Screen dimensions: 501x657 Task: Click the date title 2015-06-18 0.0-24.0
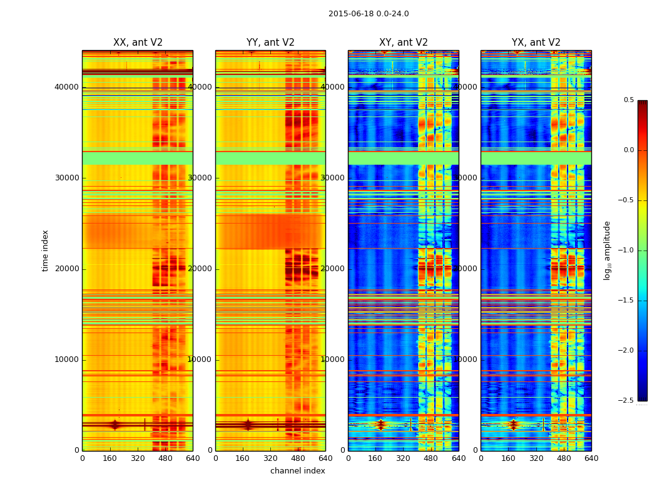(x=369, y=14)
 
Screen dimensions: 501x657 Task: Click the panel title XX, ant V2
(x=138, y=43)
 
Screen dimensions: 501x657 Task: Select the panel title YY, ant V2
(x=270, y=43)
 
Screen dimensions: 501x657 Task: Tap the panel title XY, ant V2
(x=404, y=43)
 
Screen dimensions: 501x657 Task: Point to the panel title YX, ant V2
(x=536, y=43)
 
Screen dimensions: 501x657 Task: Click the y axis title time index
(x=45, y=250)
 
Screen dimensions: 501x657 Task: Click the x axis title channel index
(x=298, y=471)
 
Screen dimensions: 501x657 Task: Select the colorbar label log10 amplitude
(x=607, y=250)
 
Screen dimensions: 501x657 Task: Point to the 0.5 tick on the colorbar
(x=629, y=100)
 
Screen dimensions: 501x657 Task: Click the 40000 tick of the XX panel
(x=67, y=87)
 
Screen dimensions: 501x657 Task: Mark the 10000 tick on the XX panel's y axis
(x=67, y=359)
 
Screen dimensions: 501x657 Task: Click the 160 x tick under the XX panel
(x=110, y=458)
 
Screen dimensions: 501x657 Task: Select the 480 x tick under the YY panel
(x=298, y=458)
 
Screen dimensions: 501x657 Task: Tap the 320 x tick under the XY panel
(x=404, y=458)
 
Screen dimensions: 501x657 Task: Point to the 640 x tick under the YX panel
(x=591, y=458)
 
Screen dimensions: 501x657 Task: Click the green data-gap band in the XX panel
(x=138, y=158)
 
